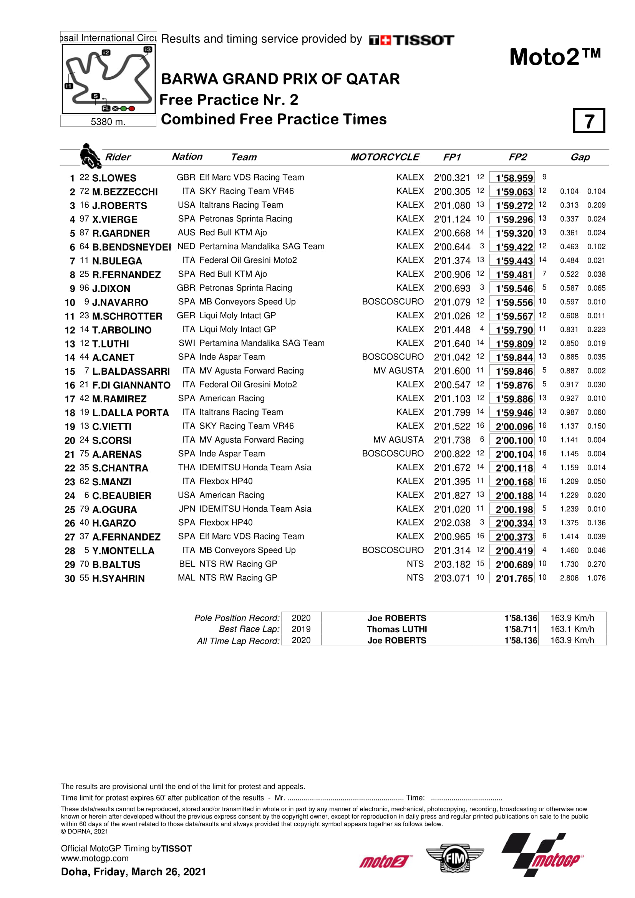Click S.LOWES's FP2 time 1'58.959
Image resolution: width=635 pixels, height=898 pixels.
point(514,178)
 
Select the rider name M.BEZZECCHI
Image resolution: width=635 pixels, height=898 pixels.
point(125,192)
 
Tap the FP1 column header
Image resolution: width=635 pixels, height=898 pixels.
point(452,157)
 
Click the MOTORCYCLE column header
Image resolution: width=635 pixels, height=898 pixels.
point(384,157)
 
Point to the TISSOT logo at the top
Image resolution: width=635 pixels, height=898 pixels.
point(411,40)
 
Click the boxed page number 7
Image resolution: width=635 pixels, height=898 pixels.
point(589,121)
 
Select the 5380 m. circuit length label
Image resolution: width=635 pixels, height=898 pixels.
point(108,122)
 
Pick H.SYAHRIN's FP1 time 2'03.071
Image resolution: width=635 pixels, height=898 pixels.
point(452,578)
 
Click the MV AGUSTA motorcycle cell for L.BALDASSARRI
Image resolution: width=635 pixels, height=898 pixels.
point(398,371)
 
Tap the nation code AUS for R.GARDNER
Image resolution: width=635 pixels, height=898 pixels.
point(186,233)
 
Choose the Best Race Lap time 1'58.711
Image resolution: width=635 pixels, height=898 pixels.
point(521,629)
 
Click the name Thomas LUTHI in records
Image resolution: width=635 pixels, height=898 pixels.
point(397,629)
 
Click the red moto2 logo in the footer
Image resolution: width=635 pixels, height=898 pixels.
point(385,861)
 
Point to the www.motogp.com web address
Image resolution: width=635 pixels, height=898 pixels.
point(95,858)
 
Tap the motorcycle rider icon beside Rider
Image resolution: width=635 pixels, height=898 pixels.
point(90,155)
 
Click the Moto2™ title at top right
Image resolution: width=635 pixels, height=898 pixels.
point(555,57)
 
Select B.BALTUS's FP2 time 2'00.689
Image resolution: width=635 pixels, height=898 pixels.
point(514,565)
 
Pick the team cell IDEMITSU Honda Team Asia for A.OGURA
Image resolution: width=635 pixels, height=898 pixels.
point(255,509)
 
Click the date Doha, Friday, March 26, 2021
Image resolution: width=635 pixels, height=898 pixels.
point(133,872)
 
